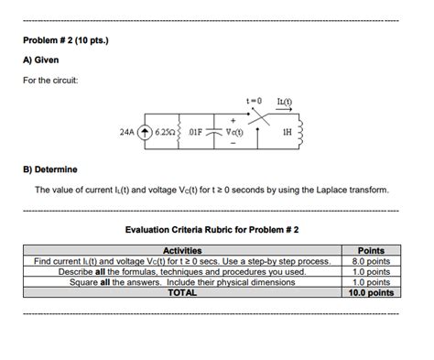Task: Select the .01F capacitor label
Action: pyautogui.click(x=199, y=132)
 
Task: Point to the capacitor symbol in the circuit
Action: pyautogui.click(x=217, y=132)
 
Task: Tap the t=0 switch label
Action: pyautogui.click(x=254, y=100)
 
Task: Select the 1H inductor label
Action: pyautogui.click(x=291, y=132)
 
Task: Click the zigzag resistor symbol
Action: pyautogui.click(x=181, y=132)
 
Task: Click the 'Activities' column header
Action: pyautogui.click(x=182, y=250)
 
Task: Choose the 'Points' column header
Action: pyautogui.click(x=369, y=250)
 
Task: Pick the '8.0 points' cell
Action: pyautogui.click(x=369, y=261)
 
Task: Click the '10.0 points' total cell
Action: pyautogui.click(x=369, y=294)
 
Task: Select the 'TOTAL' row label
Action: pyautogui.click(x=182, y=294)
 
